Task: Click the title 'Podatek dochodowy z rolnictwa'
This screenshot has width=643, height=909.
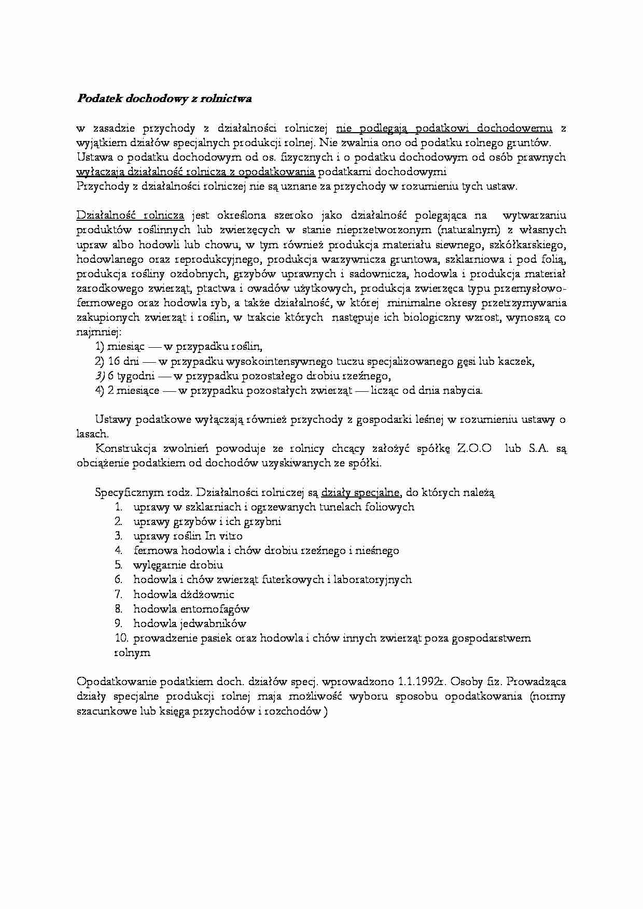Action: click(x=164, y=98)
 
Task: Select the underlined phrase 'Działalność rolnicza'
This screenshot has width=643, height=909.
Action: click(x=130, y=215)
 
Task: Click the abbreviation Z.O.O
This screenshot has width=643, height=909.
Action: click(x=474, y=449)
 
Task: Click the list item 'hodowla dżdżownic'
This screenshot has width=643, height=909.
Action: click(x=184, y=594)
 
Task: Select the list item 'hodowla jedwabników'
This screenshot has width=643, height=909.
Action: click(x=190, y=623)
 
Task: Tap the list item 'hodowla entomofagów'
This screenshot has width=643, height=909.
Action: click(x=191, y=609)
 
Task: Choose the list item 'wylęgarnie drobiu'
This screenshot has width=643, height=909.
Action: click(x=178, y=565)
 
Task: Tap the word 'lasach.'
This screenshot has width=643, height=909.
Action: click(x=92, y=434)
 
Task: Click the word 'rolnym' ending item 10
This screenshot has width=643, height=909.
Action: click(x=132, y=653)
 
